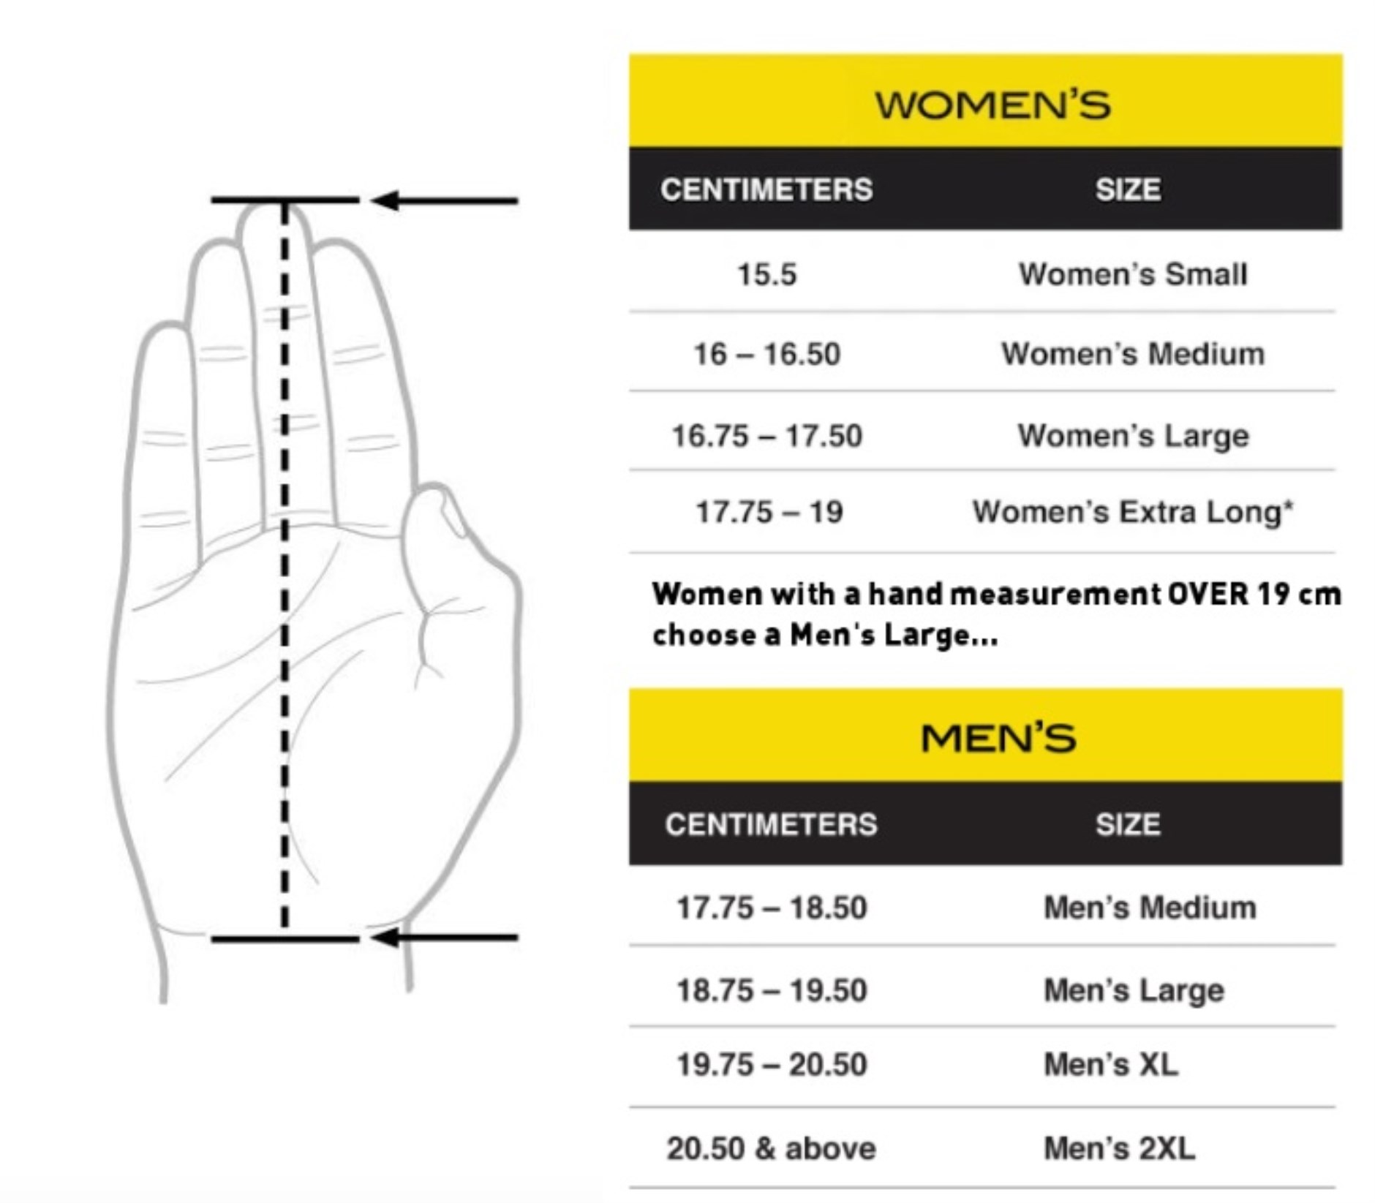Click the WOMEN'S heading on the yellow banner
pyautogui.click(x=992, y=105)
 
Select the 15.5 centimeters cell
pyautogui.click(x=766, y=274)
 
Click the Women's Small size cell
pyautogui.click(x=1133, y=274)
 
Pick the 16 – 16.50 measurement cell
pyautogui.click(x=766, y=354)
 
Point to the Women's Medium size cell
pyautogui.click(x=1133, y=354)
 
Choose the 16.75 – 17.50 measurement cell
pyautogui.click(x=766, y=436)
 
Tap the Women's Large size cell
pyautogui.click(x=1133, y=436)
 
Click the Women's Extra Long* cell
pyautogui.click(x=1133, y=512)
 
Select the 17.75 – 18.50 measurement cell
pyautogui.click(x=771, y=908)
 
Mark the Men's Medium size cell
pyautogui.click(x=1150, y=908)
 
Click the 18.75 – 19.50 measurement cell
pyautogui.click(x=771, y=990)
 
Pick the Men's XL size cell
pyautogui.click(x=1111, y=1064)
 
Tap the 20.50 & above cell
pyautogui.click(x=771, y=1148)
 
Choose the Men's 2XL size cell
pyautogui.click(x=1119, y=1148)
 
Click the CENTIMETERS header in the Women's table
pyautogui.click(x=766, y=189)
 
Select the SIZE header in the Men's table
pyautogui.click(x=1127, y=824)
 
